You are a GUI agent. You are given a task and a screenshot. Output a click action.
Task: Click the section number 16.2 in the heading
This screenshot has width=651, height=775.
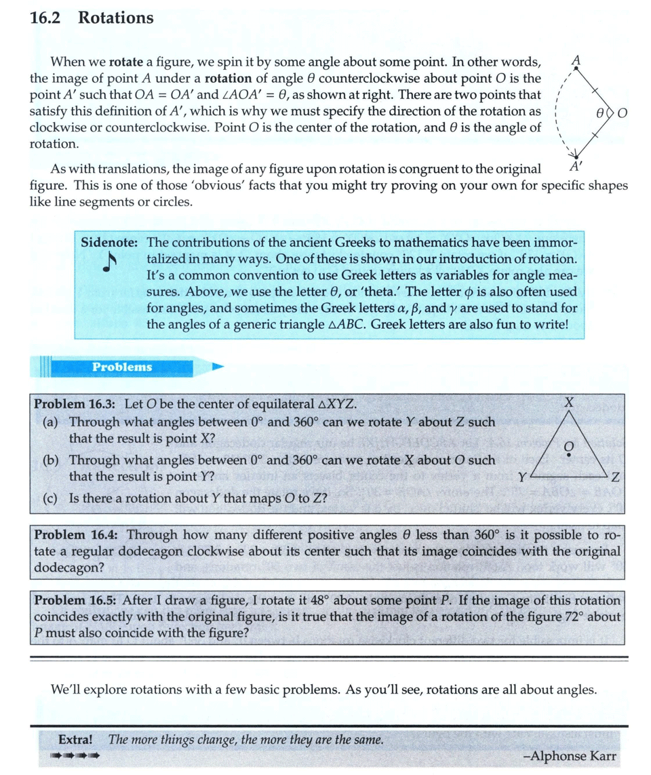(45, 18)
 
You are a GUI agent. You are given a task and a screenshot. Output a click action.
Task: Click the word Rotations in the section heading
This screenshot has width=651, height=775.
(116, 18)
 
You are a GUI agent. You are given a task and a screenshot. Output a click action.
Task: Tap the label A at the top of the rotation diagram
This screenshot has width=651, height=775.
(576, 60)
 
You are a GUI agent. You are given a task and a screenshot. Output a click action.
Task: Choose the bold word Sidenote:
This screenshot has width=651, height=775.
(111, 242)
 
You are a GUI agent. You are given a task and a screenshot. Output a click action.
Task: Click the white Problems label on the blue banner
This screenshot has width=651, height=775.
(122, 367)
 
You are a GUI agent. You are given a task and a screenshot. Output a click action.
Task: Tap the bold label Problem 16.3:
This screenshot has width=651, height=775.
(75, 404)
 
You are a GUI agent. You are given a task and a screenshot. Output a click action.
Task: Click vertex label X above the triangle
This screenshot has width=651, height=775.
(570, 403)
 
